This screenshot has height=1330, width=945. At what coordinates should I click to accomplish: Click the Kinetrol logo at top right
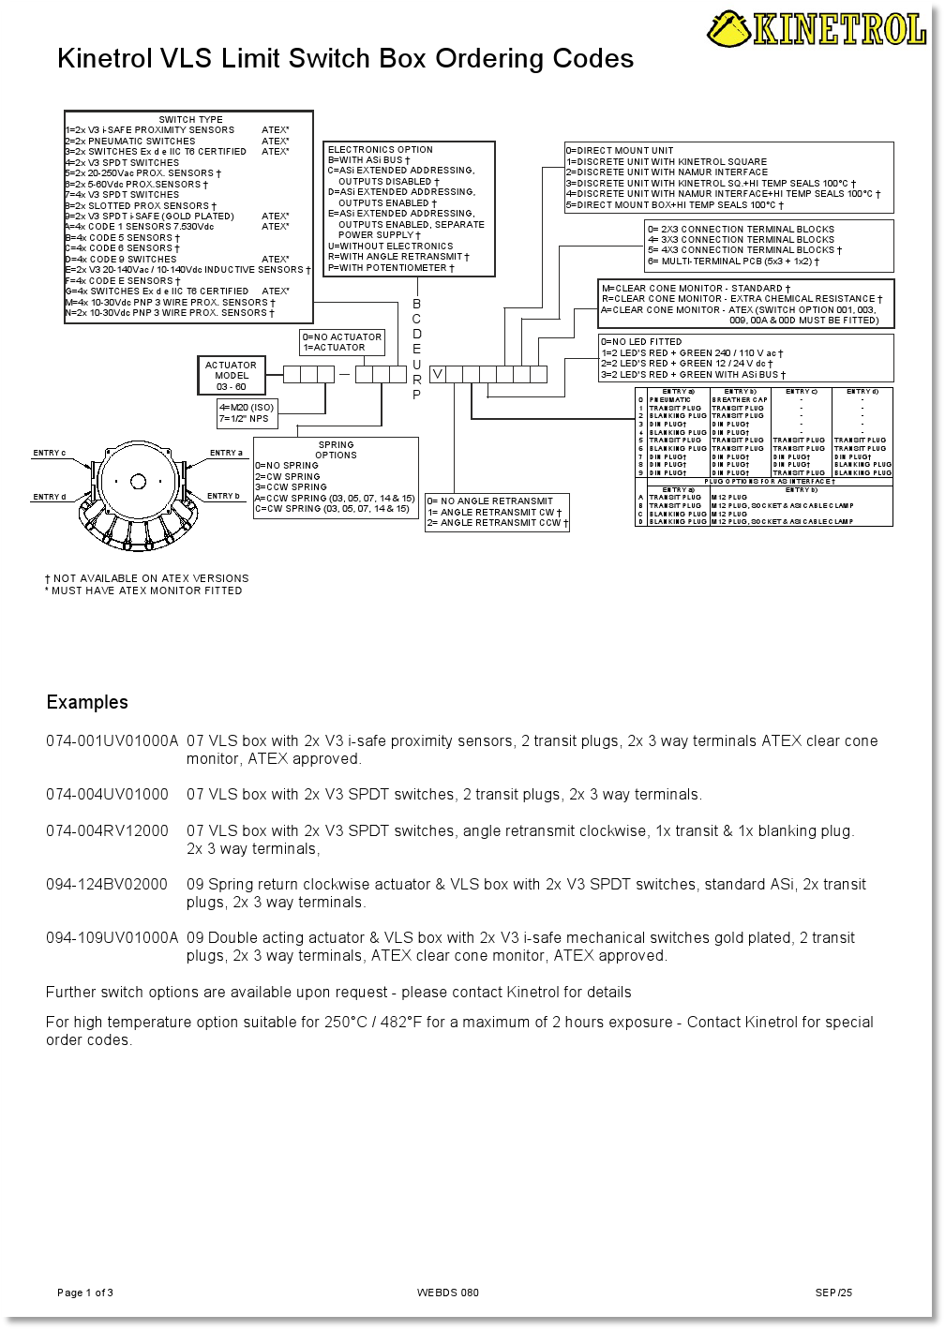click(817, 28)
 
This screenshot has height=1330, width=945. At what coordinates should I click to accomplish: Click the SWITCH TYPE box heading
click(190, 119)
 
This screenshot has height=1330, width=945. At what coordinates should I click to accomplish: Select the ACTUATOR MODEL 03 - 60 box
click(231, 376)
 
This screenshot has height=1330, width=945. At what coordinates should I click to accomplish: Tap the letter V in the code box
click(437, 374)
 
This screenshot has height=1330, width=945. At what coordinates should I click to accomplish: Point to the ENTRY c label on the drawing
click(50, 454)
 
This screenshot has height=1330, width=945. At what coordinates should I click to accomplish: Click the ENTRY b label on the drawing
click(223, 496)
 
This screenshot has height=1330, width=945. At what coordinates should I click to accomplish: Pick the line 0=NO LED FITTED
click(641, 342)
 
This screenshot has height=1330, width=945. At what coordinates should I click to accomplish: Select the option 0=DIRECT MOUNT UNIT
click(620, 150)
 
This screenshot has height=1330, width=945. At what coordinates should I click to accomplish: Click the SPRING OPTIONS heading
click(336, 450)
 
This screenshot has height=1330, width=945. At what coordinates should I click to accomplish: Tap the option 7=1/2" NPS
click(244, 419)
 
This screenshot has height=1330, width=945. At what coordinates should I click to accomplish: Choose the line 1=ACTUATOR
click(334, 348)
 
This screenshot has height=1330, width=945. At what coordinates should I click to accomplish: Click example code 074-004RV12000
click(107, 830)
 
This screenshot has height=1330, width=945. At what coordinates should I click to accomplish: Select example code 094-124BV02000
click(107, 884)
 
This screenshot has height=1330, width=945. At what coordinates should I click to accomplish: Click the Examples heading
click(87, 702)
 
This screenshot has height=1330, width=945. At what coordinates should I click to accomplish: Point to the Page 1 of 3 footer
click(85, 1293)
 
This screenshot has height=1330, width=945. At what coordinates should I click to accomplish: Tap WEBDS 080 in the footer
click(448, 1293)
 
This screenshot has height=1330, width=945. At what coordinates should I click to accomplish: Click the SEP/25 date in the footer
click(833, 1293)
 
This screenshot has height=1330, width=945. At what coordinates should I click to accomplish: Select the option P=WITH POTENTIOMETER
click(391, 268)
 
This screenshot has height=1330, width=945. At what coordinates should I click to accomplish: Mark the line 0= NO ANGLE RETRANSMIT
click(490, 501)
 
